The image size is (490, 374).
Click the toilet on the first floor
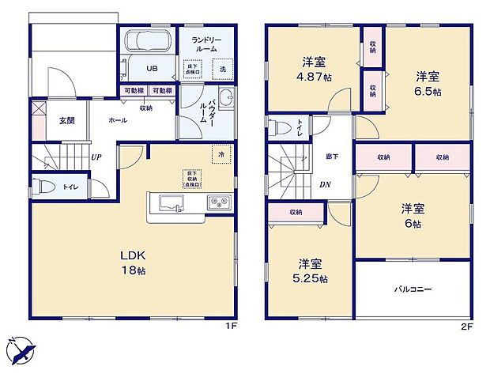pyautogui.click(x=46, y=188)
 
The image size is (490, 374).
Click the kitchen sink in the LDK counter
pyautogui.click(x=171, y=204)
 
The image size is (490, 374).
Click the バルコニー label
pyautogui.click(x=413, y=289)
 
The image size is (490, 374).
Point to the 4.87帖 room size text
pyautogui.click(x=315, y=77)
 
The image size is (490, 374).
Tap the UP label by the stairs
pyautogui.click(x=96, y=157)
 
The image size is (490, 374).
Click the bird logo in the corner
pyautogui.click(x=22, y=349)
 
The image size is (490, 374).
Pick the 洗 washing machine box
pyautogui.click(x=222, y=69)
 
